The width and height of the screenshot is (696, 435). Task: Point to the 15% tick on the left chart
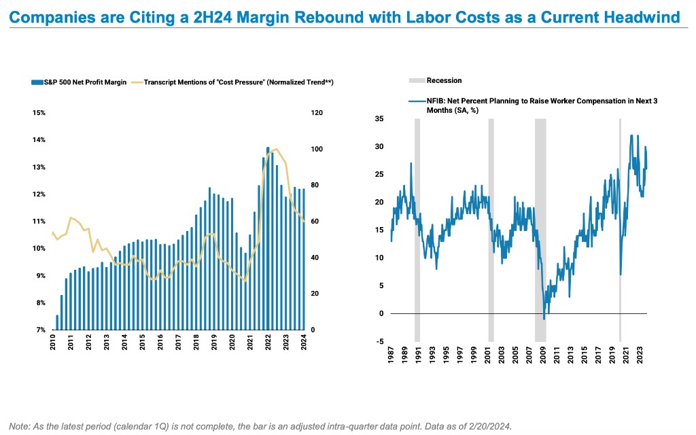39,113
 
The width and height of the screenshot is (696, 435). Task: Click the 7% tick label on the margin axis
40,330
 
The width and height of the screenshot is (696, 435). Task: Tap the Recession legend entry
444,80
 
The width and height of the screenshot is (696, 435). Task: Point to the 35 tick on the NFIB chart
379,119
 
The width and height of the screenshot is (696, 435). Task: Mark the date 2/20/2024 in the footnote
488,425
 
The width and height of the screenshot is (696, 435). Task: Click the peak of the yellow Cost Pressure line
275,149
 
